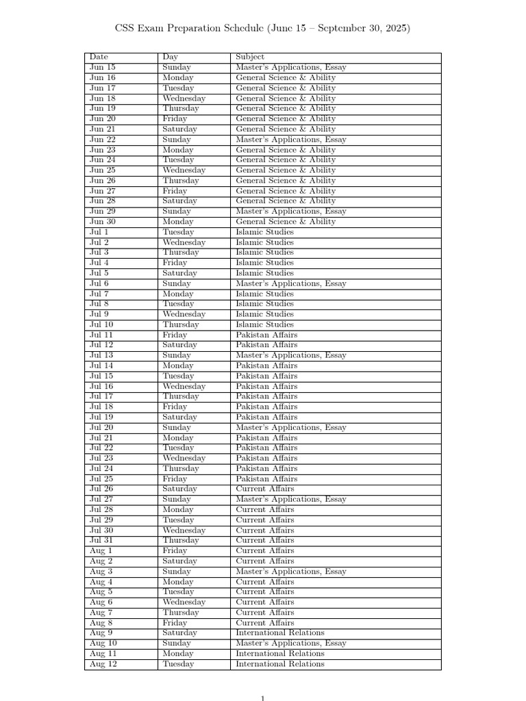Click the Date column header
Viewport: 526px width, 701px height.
[x=99, y=57]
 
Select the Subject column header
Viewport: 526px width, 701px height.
[x=250, y=57]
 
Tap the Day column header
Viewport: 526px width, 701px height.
[x=171, y=57]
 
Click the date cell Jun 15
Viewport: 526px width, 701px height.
[x=103, y=67]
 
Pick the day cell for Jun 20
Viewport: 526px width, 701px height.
[x=175, y=118]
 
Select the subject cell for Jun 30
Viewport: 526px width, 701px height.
[x=286, y=222]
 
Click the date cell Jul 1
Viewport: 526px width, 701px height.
[x=99, y=232]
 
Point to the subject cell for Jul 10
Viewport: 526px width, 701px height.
[x=264, y=324]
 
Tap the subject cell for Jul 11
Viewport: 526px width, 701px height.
[x=266, y=335]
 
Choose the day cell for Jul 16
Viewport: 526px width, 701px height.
[x=184, y=386]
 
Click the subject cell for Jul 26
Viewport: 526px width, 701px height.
[x=264, y=489]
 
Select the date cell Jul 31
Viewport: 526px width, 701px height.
[x=101, y=540]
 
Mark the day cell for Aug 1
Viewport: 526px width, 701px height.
[x=175, y=550]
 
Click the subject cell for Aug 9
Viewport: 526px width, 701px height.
[x=280, y=633]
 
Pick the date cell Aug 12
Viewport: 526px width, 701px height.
[x=103, y=663]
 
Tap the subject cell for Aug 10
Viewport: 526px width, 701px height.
[x=291, y=643]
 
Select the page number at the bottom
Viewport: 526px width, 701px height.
[x=262, y=698]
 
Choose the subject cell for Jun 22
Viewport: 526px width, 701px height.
[x=291, y=139]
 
